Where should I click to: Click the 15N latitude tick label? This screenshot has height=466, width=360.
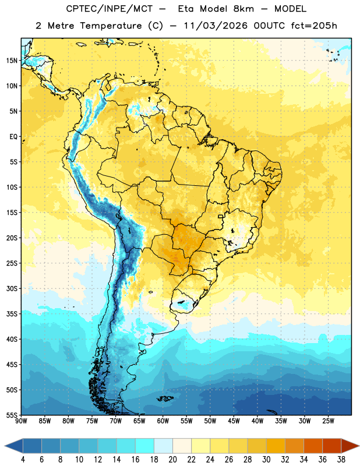tap(12, 61)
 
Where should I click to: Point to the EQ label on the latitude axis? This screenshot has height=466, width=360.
tap(13, 137)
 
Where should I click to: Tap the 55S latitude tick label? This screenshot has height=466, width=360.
tap(12, 415)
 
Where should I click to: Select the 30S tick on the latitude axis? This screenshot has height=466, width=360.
tap(12, 288)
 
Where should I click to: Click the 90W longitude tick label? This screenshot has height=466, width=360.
tap(21, 421)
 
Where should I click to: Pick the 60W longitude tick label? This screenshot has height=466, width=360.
tap(163, 421)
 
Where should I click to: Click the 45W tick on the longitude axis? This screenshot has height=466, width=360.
tap(234, 421)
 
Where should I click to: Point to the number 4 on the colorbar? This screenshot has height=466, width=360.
tap(23, 460)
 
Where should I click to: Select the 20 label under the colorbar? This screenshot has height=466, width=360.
tap(172, 460)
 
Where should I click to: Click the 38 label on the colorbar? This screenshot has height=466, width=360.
tap(341, 460)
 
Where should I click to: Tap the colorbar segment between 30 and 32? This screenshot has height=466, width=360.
tap(276, 446)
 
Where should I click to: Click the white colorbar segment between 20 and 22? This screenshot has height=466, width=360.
tap(182, 446)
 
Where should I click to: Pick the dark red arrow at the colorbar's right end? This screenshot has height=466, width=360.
tap(349, 446)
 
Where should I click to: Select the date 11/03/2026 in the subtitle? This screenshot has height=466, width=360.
tap(215, 26)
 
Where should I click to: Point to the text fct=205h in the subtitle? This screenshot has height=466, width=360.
tap(314, 26)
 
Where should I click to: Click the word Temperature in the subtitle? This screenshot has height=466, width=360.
tap(111, 26)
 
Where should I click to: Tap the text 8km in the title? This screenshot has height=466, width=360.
tap(243, 9)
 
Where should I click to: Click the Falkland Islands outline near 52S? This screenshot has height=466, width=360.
tap(164, 398)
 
